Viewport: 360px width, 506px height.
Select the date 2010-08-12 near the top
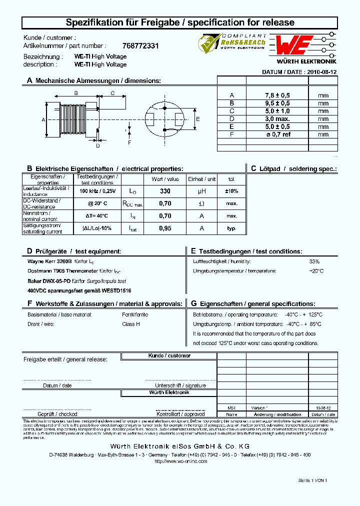321,72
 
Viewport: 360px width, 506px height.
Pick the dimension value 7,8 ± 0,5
277,95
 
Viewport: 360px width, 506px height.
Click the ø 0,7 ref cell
277,134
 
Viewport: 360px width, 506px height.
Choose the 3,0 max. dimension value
277,119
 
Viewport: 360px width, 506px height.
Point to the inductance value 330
165,191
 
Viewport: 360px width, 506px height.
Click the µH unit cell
201,191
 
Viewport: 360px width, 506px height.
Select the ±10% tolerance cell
231,191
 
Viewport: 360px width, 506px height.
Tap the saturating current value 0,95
165,228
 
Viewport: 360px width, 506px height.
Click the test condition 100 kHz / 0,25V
97,191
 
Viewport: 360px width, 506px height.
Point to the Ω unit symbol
201,203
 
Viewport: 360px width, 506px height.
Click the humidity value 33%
314,261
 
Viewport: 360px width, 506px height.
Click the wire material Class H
131,324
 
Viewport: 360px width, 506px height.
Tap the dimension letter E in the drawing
198,119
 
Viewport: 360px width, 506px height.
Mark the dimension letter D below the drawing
98,146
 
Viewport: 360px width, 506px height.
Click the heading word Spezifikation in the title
92,22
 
